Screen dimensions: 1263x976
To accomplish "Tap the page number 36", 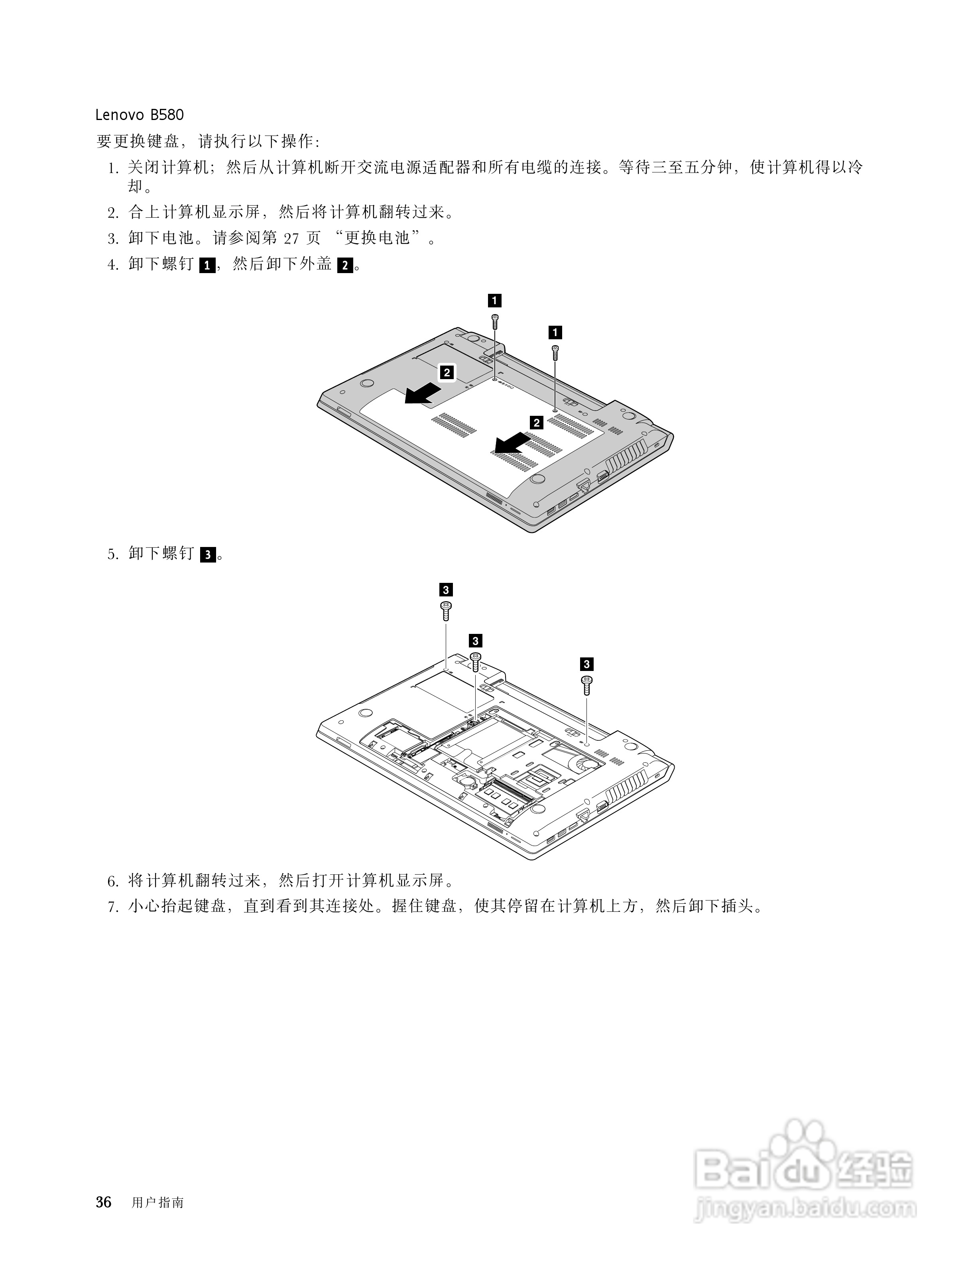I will click(x=104, y=1202).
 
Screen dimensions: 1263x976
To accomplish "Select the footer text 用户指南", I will click(x=157, y=1203).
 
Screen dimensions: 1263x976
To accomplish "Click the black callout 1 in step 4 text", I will click(x=207, y=266).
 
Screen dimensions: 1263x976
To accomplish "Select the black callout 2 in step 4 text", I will click(x=344, y=266).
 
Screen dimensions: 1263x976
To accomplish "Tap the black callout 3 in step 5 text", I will click(x=208, y=555).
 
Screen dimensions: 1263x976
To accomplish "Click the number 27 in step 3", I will click(x=291, y=238).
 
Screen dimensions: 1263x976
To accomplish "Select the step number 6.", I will click(x=113, y=882).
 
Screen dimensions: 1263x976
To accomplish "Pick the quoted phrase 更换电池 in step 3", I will click(x=377, y=238).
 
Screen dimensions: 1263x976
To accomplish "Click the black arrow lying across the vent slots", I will click(x=511, y=444).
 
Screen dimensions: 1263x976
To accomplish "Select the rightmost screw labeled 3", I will click(x=586, y=685).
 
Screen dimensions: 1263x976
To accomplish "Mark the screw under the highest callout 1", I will click(x=495, y=322).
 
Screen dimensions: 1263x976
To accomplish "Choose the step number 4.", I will click(x=113, y=265).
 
